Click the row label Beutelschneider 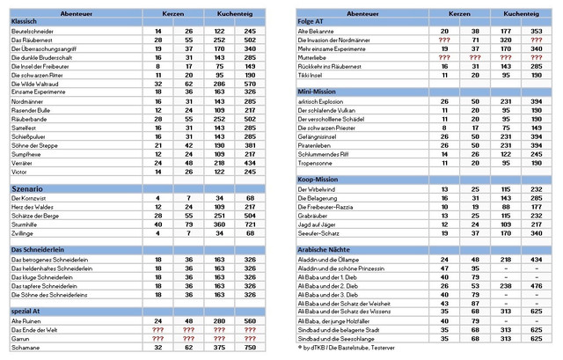tap(32, 31)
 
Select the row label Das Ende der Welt tap(35, 329)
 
